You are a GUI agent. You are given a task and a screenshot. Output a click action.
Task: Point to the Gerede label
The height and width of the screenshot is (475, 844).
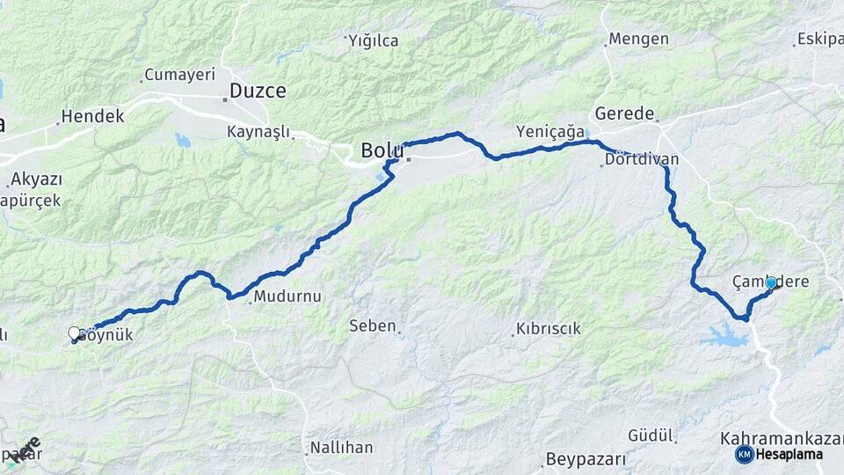624,113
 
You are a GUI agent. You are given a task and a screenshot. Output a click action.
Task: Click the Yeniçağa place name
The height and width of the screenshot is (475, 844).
550,131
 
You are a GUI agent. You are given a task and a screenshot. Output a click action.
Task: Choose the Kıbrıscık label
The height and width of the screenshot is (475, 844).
548,329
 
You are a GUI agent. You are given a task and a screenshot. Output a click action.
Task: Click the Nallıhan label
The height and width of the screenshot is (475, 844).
341,448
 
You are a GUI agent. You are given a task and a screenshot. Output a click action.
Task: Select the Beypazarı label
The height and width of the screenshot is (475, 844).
585,458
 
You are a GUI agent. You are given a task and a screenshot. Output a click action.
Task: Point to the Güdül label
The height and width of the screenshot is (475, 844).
651,435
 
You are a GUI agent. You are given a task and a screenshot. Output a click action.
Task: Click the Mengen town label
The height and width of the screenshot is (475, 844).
639,39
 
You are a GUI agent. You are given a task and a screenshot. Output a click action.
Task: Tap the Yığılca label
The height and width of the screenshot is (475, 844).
374,40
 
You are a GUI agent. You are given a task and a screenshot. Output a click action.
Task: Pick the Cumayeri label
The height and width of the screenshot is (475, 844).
179,74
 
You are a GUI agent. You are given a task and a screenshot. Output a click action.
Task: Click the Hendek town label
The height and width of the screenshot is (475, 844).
92,116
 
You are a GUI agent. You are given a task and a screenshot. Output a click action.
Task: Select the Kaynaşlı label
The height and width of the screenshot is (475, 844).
258,131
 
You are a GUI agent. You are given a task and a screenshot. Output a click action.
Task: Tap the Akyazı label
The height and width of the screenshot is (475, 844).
37,179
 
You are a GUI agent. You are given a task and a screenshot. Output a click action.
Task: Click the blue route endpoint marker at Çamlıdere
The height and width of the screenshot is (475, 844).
771,283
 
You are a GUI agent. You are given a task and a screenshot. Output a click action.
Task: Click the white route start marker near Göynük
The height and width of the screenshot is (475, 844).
75,333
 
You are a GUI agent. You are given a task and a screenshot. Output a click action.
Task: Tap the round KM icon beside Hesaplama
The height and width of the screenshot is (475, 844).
744,454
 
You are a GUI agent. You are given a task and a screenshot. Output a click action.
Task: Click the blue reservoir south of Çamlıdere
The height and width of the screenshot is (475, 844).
725,334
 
